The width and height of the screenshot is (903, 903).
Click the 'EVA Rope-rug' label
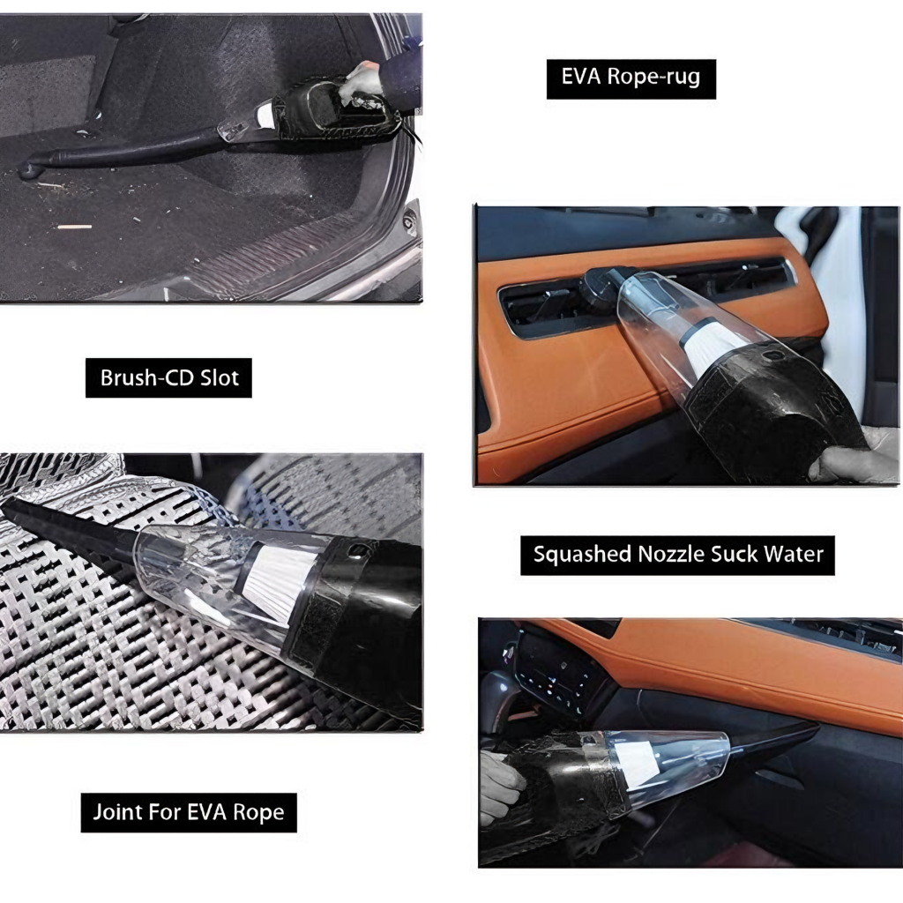tap(631, 77)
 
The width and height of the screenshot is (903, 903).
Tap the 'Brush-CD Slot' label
tap(169, 378)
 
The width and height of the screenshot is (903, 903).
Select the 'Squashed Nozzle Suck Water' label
tap(677, 554)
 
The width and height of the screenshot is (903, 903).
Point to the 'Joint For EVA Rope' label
tap(190, 812)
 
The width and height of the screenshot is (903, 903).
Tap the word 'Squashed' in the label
tap(576, 554)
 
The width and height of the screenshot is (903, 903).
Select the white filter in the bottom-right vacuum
tap(637, 758)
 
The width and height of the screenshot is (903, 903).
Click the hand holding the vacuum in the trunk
tap(362, 81)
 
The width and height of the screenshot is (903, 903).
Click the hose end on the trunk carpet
tap(31, 168)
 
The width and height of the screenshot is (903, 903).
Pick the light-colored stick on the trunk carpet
tap(74, 227)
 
